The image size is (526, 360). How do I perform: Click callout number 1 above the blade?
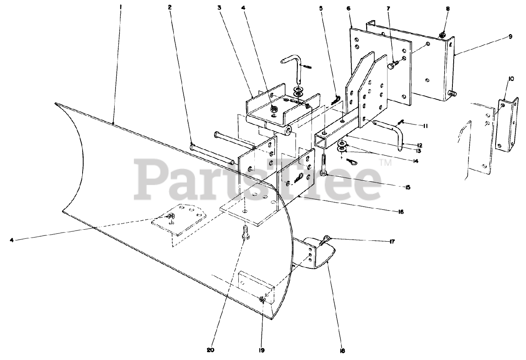click(x=120, y=7)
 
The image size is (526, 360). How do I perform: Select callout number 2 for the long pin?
click(x=170, y=7)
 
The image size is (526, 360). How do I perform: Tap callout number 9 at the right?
click(x=510, y=37)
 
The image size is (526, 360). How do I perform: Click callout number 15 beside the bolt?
click(x=407, y=187)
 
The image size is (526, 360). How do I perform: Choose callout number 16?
click(x=401, y=212)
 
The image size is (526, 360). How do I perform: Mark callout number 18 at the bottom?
click(x=343, y=351)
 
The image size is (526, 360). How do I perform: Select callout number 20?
click(x=211, y=351)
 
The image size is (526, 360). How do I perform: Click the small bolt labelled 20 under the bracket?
click(x=245, y=232)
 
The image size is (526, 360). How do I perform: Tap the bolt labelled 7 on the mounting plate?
click(x=391, y=66)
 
